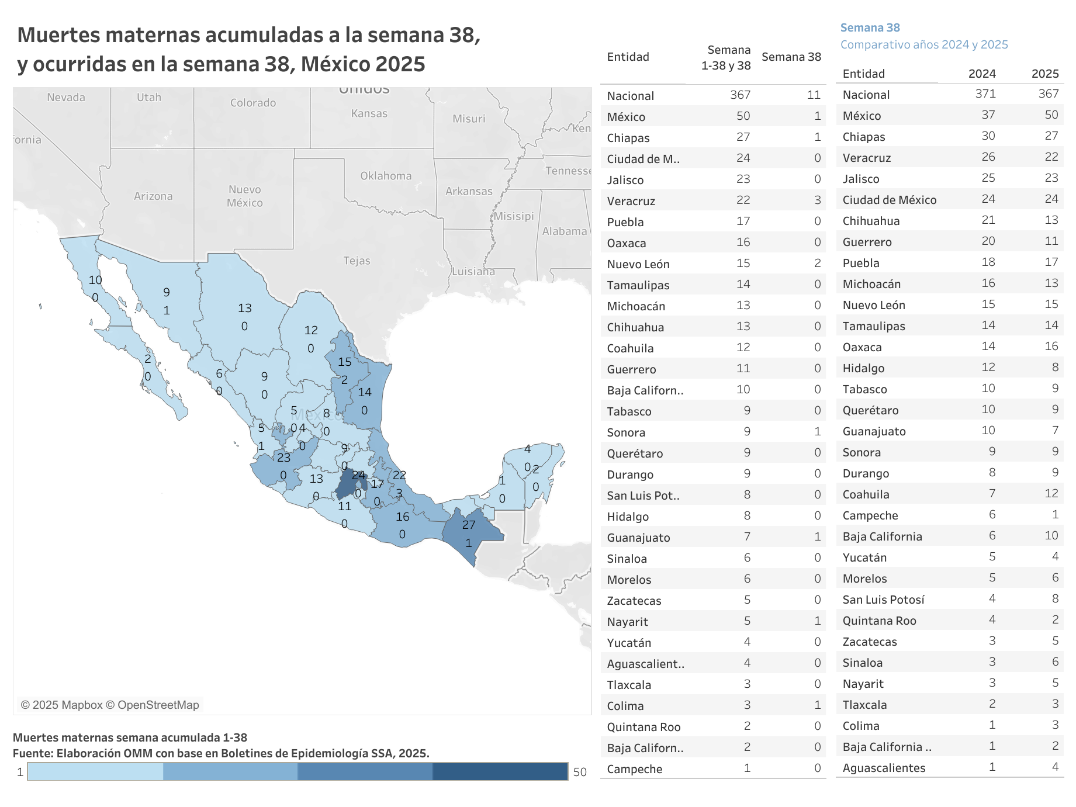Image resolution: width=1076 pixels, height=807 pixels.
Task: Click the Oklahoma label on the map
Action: click(386, 176)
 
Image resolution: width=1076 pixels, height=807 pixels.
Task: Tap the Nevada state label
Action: click(66, 98)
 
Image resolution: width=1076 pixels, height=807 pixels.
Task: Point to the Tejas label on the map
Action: click(357, 261)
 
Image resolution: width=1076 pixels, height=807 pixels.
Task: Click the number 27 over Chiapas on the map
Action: click(469, 525)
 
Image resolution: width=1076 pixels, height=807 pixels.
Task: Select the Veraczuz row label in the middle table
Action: click(631, 201)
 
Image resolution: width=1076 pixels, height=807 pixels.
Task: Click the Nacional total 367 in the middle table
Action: click(740, 95)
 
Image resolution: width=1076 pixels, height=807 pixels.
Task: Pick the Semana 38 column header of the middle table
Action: click(791, 57)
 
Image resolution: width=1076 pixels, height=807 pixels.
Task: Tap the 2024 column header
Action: click(981, 74)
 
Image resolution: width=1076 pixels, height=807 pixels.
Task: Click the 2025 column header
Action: click(1044, 74)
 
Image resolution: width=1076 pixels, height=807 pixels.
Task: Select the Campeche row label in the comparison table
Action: click(870, 515)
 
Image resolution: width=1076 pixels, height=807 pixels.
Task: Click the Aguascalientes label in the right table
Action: click(884, 768)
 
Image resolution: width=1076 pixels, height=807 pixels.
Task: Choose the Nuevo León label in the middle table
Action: click(638, 264)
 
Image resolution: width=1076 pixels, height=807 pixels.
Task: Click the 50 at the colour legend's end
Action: click(579, 772)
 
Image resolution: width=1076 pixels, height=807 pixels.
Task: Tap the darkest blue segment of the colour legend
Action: click(500, 771)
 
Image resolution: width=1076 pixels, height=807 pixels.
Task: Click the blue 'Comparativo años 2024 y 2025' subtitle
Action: click(923, 44)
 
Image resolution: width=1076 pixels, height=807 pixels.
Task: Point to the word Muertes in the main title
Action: click(56, 35)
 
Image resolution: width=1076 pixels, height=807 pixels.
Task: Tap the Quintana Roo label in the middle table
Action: click(643, 727)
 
